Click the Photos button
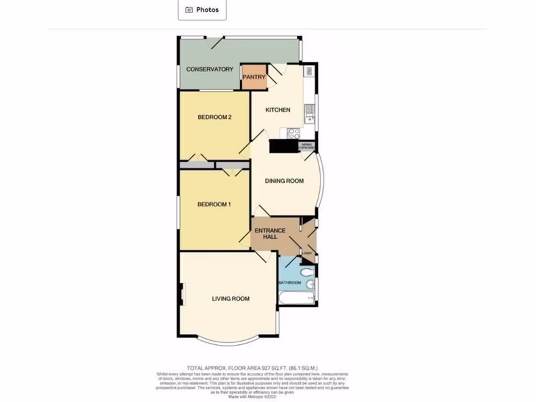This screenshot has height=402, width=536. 202,9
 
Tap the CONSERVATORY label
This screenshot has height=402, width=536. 210,69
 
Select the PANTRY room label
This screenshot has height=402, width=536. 254,77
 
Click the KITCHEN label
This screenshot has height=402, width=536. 277,110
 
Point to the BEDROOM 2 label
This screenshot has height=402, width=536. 215,117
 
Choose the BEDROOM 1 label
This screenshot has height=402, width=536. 214,205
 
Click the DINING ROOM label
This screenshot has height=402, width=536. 284,181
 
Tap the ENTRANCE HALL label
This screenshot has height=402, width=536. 270,233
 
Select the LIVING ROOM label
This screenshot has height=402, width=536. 230,299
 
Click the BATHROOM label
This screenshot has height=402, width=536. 290,283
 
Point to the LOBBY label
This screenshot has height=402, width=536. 307,254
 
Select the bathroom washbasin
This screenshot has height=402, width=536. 311,284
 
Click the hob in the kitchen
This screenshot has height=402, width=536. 293,133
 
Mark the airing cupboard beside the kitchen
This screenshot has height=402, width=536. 307,146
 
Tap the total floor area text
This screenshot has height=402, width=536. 252,368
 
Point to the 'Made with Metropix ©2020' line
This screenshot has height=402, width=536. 252,396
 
